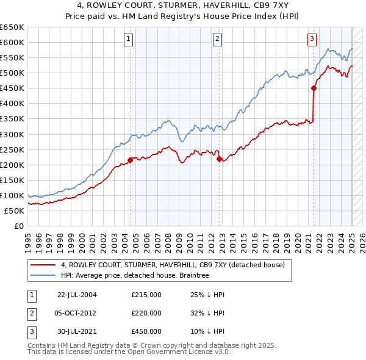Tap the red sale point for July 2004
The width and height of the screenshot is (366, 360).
coord(130,160)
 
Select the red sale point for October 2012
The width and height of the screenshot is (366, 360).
coord(218,159)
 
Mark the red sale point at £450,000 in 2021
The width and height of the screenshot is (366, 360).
coord(314,88)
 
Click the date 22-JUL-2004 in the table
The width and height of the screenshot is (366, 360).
coord(77,295)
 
